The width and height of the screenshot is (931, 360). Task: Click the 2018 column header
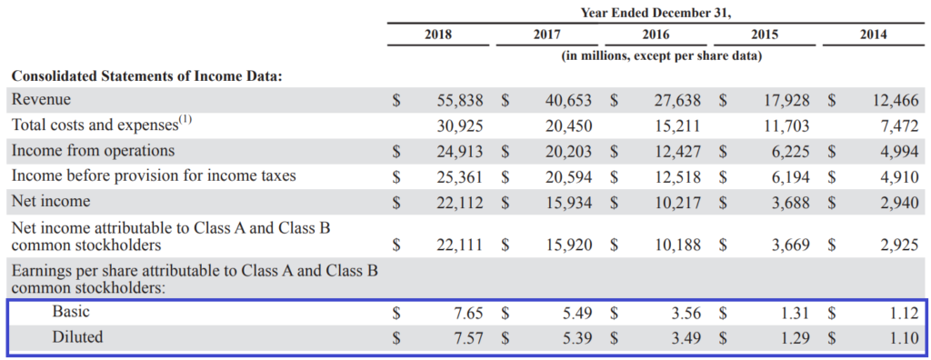coord(438,35)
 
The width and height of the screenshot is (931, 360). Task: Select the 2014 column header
coord(874,35)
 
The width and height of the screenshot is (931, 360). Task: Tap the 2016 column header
coord(656,35)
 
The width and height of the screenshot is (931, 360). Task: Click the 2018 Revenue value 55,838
coord(460,100)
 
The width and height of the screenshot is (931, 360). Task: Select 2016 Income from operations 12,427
coord(678,151)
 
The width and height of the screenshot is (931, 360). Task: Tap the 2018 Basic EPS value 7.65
coord(469,313)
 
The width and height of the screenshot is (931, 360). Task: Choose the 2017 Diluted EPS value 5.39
coord(578,338)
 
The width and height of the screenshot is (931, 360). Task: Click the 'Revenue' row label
coord(41,99)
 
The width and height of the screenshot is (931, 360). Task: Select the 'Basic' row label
coord(71,312)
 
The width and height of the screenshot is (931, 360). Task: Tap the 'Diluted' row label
coord(77,337)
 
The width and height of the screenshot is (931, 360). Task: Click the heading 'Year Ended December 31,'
coord(656,12)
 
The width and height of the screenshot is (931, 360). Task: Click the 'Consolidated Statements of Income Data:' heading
coord(146,76)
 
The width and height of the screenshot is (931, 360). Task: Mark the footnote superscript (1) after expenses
coord(185,120)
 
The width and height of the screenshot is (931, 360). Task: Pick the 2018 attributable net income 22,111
coord(460,245)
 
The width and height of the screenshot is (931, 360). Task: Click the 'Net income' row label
coord(51,201)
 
